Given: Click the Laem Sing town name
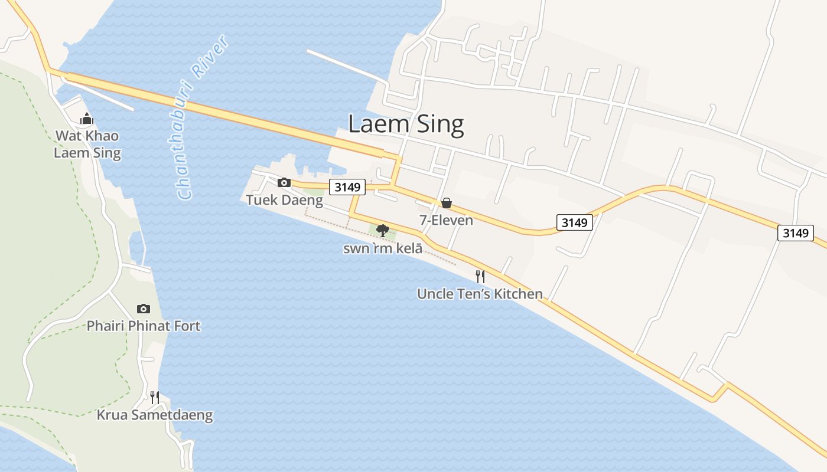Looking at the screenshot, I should coord(406,124).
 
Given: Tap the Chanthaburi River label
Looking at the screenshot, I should coord(203,117).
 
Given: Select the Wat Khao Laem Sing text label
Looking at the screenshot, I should coord(87,145).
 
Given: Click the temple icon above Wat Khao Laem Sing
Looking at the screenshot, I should coord(87,119).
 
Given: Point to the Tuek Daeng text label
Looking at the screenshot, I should coord(284,200).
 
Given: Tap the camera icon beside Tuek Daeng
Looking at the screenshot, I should coord(284,182).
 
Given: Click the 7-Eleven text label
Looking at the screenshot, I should coord(446,220).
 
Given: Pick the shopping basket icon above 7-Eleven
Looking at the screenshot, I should coord(447,203).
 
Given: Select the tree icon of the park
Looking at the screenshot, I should coord(382,230).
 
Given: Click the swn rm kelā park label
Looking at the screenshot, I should coord(383,248).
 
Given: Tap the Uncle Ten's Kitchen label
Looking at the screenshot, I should coord(480,294).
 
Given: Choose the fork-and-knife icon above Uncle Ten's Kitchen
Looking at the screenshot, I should coord(480,276).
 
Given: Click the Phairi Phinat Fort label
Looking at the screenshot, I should coord(144,326).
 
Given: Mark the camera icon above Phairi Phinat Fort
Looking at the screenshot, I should coord(143,309).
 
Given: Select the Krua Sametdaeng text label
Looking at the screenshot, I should coord(155,415).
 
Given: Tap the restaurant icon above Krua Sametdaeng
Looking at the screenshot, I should coord(154,397).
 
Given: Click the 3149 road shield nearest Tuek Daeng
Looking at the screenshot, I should coord(347,188).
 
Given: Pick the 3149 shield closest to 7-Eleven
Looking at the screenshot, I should coord(574,222).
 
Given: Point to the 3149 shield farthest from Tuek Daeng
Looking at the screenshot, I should coord(795,232).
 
